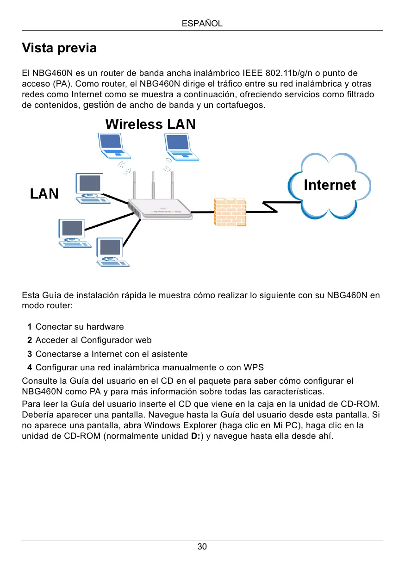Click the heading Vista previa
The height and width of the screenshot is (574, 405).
click(59, 48)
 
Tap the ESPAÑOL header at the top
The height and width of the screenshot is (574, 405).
click(202, 23)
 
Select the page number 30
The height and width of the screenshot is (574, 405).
click(202, 547)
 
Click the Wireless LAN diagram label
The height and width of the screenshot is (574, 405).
click(150, 125)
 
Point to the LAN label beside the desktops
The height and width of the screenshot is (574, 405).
click(44, 193)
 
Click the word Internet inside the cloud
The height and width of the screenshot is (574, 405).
click(330, 185)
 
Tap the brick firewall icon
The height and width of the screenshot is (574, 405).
click(230, 212)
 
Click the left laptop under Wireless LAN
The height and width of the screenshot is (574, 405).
click(112, 146)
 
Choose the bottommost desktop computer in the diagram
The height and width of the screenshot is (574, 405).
click(110, 252)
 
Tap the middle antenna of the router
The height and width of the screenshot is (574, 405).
click(153, 185)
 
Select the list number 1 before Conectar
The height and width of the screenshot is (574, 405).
click(30, 327)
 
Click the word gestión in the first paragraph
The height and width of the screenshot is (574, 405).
click(99, 105)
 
